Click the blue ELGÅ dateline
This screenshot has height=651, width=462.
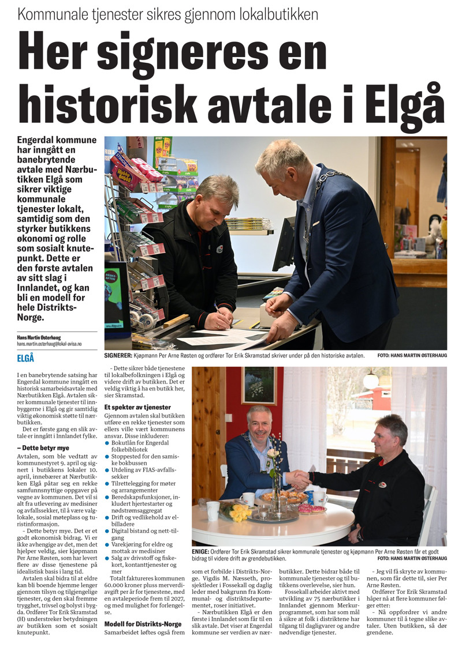pos(27,358)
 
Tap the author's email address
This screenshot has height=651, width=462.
pos(49,344)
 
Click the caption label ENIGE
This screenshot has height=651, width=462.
pos(202,551)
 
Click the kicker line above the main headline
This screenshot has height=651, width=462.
pos(167,14)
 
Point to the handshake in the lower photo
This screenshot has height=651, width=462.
pos(298,479)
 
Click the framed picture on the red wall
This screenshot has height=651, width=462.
pos(259,386)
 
